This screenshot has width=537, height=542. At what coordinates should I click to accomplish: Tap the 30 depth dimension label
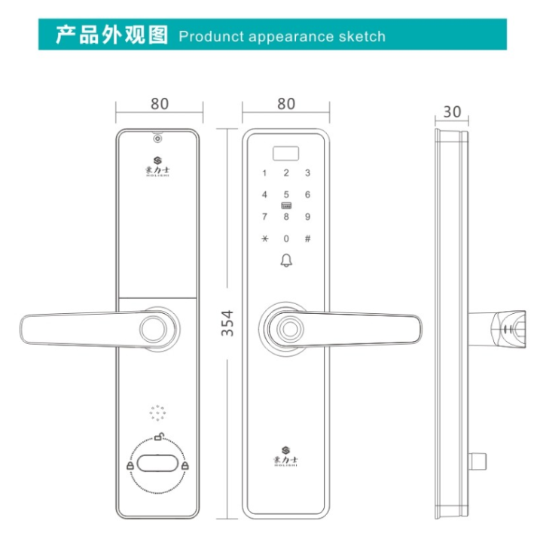pyautogui.click(x=452, y=111)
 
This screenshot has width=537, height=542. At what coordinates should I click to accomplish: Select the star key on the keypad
pyautogui.click(x=264, y=239)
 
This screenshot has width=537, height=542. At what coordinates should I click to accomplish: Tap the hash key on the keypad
pyautogui.click(x=307, y=239)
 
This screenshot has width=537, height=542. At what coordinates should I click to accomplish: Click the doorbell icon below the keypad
pyautogui.click(x=286, y=261)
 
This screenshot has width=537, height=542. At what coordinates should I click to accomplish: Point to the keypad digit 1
pyautogui.click(x=264, y=173)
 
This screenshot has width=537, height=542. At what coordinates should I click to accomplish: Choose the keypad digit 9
pyautogui.click(x=307, y=217)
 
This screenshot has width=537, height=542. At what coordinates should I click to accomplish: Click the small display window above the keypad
pyautogui.click(x=286, y=153)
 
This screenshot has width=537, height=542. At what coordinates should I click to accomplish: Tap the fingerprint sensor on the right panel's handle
pyautogui.click(x=287, y=327)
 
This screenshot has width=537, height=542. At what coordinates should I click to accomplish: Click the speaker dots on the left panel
pyautogui.click(x=157, y=413)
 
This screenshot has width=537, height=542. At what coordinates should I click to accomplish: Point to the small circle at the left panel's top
pyautogui.click(x=157, y=138)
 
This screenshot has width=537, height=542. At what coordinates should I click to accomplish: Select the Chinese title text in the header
pyautogui.click(x=111, y=35)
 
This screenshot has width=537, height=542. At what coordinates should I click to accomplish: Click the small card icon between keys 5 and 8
pyautogui.click(x=286, y=206)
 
